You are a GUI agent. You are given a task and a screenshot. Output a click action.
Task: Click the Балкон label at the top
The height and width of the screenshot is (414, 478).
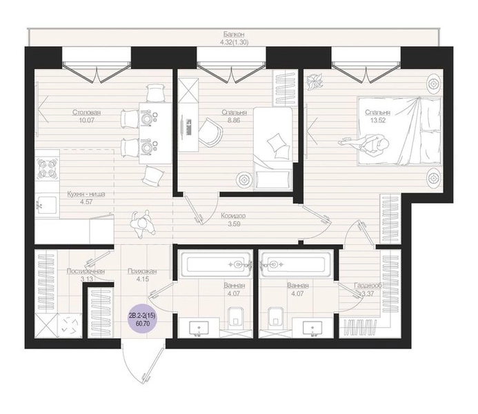(x=234, y=34)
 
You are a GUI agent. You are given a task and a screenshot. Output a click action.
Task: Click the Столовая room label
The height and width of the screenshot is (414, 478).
(x=87, y=112)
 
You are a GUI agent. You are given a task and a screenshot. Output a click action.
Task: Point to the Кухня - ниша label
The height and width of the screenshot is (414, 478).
(x=86, y=194)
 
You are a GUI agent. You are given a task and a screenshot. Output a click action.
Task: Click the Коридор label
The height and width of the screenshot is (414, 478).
(x=234, y=216)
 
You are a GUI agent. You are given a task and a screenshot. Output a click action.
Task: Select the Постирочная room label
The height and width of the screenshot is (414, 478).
(x=86, y=271)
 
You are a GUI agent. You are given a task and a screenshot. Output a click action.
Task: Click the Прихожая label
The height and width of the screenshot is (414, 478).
(x=142, y=271)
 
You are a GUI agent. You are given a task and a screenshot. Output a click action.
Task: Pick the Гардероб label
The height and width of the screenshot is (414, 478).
(x=368, y=286)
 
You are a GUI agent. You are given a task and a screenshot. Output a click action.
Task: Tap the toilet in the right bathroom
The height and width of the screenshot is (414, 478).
(x=276, y=319)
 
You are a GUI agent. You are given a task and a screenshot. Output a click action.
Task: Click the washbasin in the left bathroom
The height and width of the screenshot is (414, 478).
(x=199, y=328)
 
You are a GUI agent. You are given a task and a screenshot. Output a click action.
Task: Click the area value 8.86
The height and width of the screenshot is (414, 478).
(x=234, y=121)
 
